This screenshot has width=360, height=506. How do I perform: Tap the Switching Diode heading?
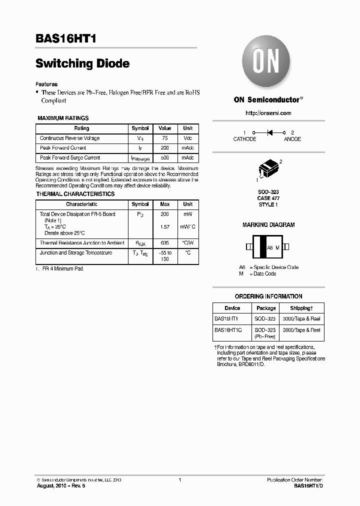point(82,63)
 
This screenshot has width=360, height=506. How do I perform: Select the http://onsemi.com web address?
point(268,113)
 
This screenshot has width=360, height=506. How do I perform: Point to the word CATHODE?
point(244,139)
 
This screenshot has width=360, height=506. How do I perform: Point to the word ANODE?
point(292,139)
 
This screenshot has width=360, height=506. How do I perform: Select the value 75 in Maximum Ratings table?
point(164,138)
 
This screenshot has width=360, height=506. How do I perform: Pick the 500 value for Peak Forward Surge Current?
point(164,157)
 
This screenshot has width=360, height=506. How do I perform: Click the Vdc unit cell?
point(187,138)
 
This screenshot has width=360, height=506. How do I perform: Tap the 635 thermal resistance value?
point(164,243)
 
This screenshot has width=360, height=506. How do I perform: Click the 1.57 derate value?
point(164,226)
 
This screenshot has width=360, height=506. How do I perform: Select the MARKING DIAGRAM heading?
point(268,225)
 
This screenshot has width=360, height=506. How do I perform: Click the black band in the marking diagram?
point(259,247)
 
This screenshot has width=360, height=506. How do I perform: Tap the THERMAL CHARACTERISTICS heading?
point(75,194)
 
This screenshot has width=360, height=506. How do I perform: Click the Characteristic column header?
point(81,204)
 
